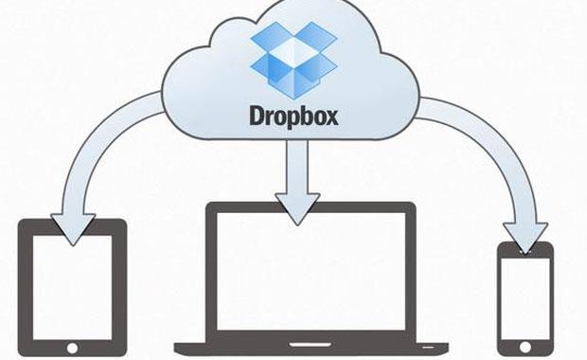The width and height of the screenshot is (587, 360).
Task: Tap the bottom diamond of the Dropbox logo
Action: [293, 78]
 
